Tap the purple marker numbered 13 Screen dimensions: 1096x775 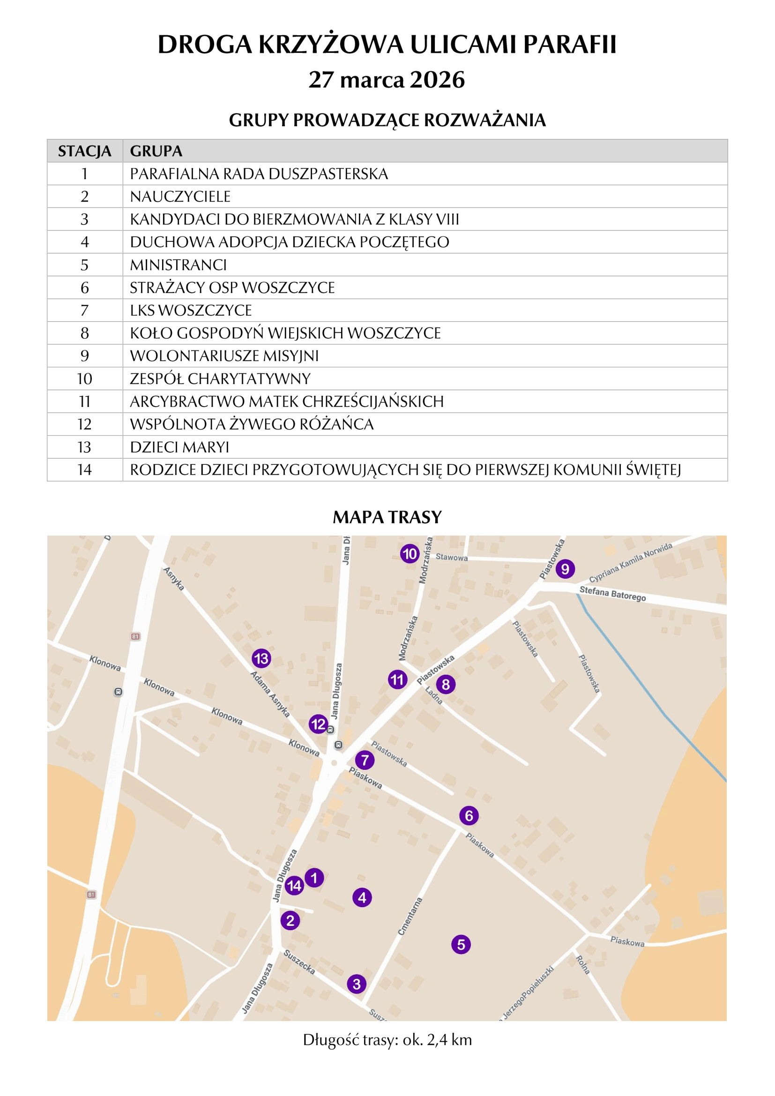[x=261, y=659]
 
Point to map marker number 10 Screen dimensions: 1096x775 [x=410, y=554]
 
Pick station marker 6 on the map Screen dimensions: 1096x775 [x=469, y=816]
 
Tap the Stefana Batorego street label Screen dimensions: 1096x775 [x=612, y=594]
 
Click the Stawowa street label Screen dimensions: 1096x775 [x=451, y=557]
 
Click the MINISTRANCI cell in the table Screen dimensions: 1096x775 [x=179, y=265]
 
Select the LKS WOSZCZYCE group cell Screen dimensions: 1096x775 [x=191, y=310]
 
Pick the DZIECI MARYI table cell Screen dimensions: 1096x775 [x=179, y=447]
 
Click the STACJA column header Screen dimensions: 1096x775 [x=84, y=151]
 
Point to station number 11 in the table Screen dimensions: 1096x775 [x=84, y=402]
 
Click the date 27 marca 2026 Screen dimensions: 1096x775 [x=387, y=80]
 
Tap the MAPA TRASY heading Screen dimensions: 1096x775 [x=387, y=517]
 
